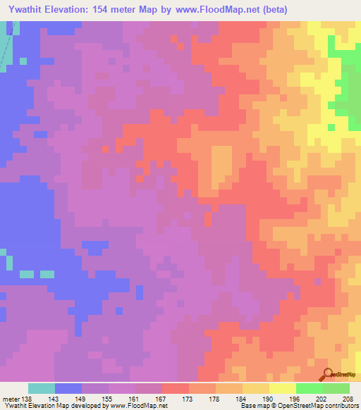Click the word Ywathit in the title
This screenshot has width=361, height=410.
(25, 9)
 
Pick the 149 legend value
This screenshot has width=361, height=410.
(80, 399)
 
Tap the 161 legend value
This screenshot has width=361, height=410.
(134, 399)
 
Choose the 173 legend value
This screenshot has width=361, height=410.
(188, 399)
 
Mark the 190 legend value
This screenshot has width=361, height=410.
(268, 399)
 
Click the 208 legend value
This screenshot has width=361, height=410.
(348, 399)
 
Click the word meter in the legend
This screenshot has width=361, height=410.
(11, 399)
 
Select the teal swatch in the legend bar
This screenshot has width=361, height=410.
(41, 388)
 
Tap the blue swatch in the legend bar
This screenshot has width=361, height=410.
(68, 388)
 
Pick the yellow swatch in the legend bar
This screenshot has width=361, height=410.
(282, 388)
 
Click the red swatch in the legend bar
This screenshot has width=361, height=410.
(175, 388)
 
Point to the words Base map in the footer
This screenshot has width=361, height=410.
(250, 406)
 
